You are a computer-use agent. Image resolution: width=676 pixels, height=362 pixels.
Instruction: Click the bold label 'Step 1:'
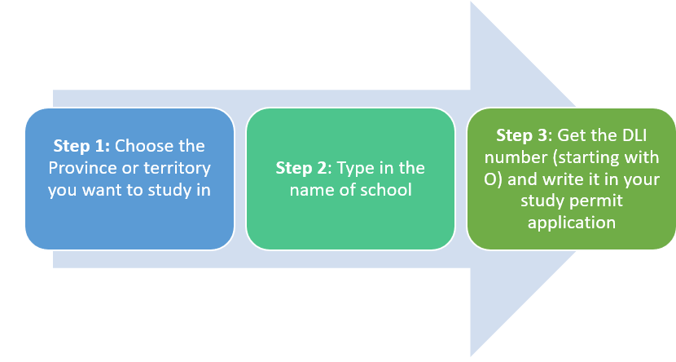click(x=81, y=146)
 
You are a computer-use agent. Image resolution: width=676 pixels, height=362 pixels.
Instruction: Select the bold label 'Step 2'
click(x=302, y=168)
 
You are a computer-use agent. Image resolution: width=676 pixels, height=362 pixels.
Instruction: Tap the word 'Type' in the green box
click(x=353, y=169)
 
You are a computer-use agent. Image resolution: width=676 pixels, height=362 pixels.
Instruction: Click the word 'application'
click(x=572, y=223)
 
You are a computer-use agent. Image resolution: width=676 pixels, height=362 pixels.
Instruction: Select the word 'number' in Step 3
click(x=516, y=157)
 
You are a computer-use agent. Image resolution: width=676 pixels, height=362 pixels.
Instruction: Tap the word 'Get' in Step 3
click(x=570, y=135)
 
